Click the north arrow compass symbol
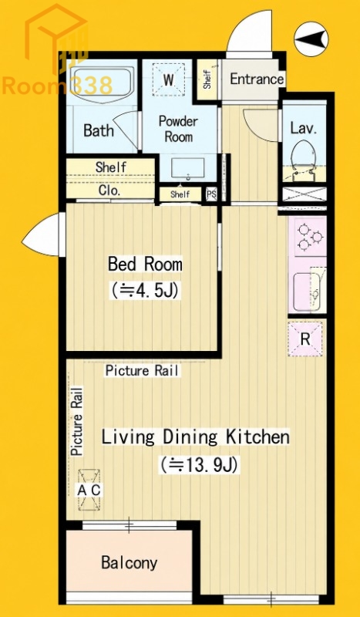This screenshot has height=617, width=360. [x=311, y=39]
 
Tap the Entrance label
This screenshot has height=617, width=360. [x=257, y=79]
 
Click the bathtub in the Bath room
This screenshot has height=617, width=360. [x=102, y=85]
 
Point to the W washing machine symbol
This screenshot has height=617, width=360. [x=168, y=80]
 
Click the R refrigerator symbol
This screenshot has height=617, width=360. [x=305, y=339]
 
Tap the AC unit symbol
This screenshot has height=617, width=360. [x=89, y=490]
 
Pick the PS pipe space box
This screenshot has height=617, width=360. [x=212, y=194]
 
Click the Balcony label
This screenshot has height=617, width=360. [x=129, y=563]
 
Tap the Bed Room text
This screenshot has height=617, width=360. [x=145, y=264]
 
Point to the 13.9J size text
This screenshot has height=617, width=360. [x=199, y=465]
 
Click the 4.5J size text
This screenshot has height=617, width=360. [x=145, y=292]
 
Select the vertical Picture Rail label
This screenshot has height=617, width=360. [x=78, y=421]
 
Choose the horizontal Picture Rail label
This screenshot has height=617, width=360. [x=142, y=371]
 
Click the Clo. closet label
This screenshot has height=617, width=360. [x=109, y=190]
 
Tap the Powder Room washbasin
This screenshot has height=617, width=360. [x=188, y=169]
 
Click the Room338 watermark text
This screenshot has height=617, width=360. [x=58, y=86]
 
